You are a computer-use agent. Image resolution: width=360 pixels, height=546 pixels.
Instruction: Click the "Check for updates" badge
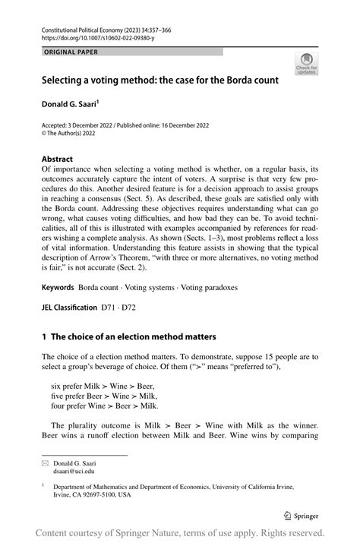pos(308,65)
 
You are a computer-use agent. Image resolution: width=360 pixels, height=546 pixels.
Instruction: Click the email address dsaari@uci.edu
pos(74,471)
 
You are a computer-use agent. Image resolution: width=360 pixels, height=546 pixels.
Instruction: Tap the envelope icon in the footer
pos(45,462)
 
